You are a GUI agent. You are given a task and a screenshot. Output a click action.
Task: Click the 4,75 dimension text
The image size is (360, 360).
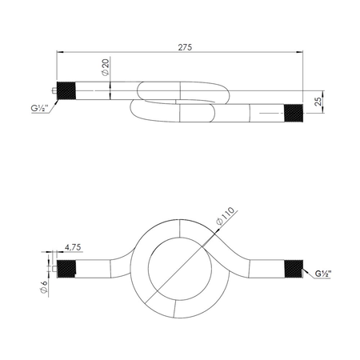[x=72, y=247]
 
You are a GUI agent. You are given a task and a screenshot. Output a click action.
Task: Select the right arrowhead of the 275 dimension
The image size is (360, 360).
[x=302, y=54]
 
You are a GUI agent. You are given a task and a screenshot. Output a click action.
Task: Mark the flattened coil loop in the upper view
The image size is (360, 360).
[x=180, y=102]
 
